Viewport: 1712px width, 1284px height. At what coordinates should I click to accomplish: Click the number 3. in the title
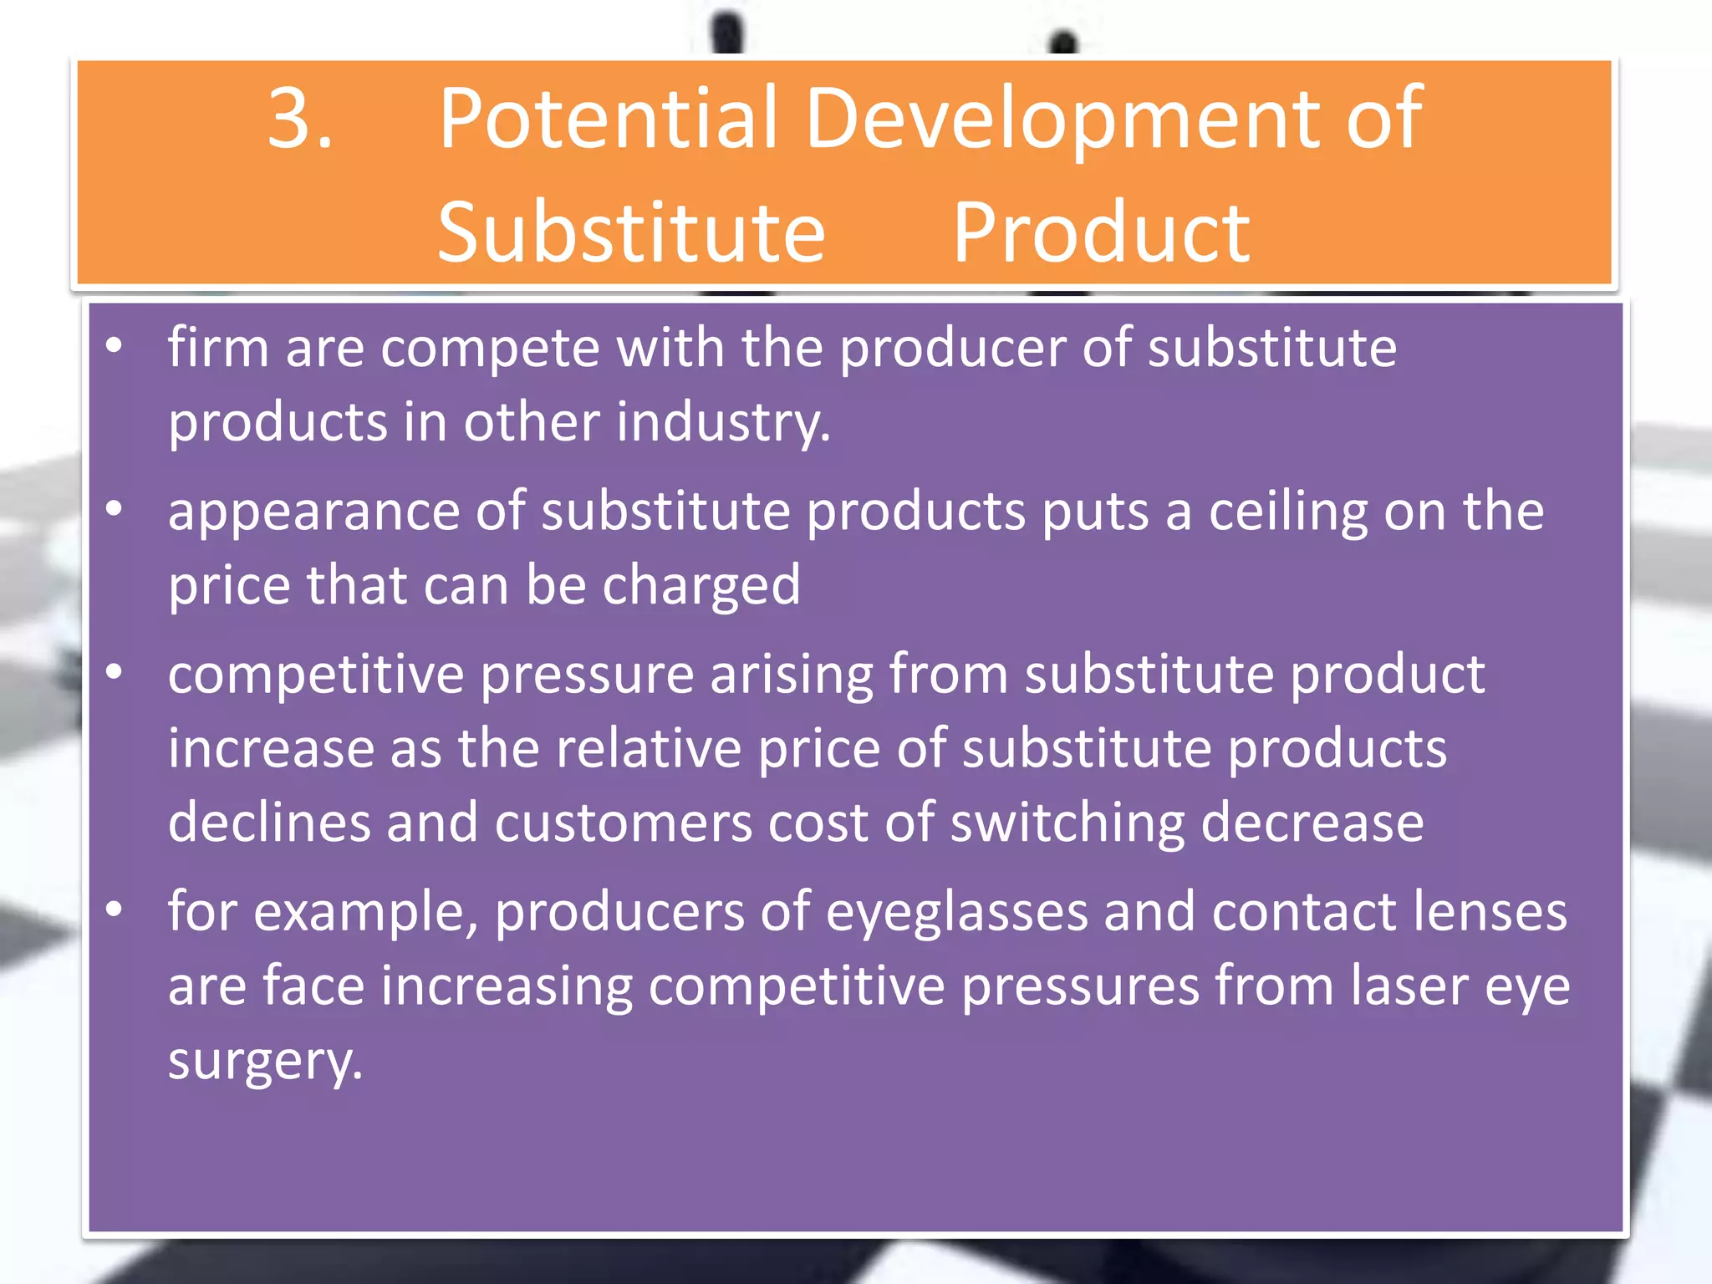[301, 119]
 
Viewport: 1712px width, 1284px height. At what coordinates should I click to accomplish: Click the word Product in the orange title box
[1101, 233]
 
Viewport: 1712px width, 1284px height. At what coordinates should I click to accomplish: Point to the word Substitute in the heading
[631, 233]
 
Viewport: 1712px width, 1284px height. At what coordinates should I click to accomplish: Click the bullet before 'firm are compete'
[115, 344]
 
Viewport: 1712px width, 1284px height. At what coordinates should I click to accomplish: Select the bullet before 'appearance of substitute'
[115, 508]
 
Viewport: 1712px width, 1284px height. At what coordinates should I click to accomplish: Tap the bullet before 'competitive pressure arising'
[115, 671]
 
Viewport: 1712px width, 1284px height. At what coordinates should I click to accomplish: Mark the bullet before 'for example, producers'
[115, 909]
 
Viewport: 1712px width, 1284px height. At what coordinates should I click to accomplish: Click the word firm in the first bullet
[217, 347]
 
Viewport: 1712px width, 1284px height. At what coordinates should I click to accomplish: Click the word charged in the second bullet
[701, 586]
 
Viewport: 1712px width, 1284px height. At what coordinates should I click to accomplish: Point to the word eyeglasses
[956, 913]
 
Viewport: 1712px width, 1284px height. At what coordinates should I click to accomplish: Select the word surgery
[265, 1062]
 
